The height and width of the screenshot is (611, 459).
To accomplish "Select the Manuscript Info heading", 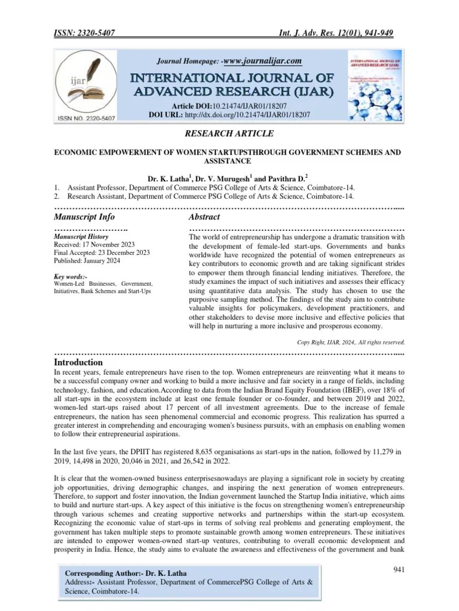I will pyautogui.click(x=84, y=217).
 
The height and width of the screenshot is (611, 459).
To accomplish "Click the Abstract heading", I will pyautogui.click(x=204, y=217).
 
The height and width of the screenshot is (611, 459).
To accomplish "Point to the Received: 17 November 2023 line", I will pyautogui.click(x=94, y=245).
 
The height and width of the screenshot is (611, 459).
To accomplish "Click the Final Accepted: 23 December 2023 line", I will pyautogui.click(x=102, y=253).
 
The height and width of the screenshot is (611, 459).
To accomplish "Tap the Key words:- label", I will pyautogui.click(x=71, y=277).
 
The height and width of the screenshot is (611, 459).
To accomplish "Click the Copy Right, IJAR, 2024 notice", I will pyautogui.click(x=351, y=342).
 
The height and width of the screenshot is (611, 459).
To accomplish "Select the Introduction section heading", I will pyautogui.click(x=78, y=362).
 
